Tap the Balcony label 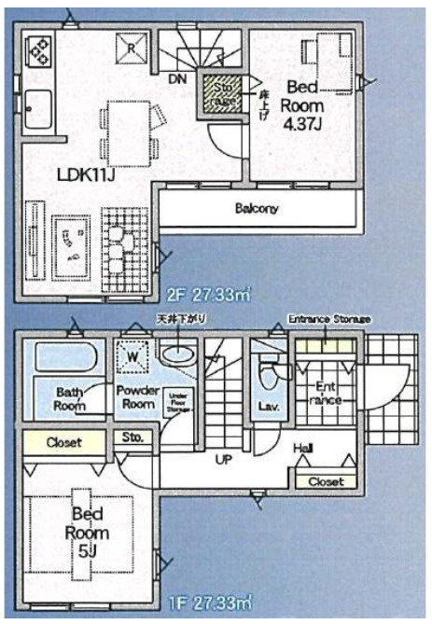(x=256, y=209)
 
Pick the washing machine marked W (x=132, y=355)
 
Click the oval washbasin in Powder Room (x=175, y=355)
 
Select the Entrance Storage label (x=328, y=319)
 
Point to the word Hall (x=303, y=450)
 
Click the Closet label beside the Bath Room (x=63, y=442)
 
